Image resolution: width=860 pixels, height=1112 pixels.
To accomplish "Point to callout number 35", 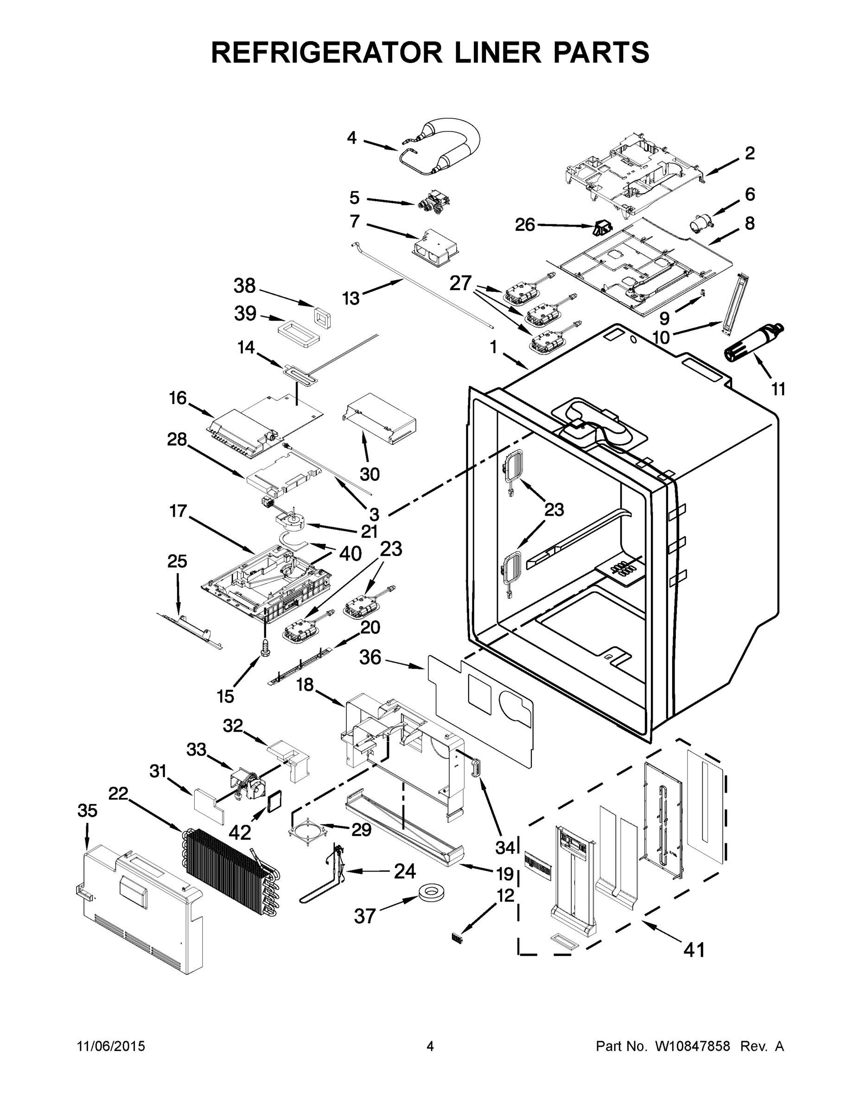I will coord(87,810).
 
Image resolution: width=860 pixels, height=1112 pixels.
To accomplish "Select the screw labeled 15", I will coord(265,647).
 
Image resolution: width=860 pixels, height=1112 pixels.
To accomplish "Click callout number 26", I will coord(525,225).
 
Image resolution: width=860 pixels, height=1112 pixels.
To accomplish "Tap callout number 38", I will coord(244,286).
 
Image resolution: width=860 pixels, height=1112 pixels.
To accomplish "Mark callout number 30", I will coord(370,474).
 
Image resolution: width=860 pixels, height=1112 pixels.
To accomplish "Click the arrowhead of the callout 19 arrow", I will coord(461,864).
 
